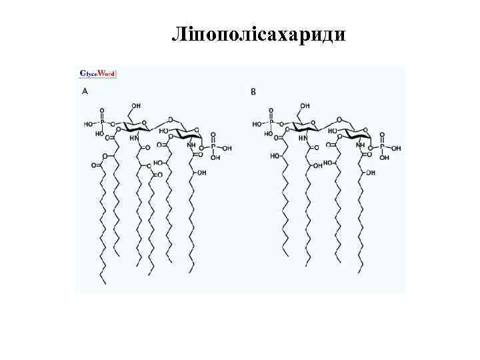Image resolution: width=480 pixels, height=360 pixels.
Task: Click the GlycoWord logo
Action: [98, 73]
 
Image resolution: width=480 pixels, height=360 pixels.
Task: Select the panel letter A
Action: [85, 91]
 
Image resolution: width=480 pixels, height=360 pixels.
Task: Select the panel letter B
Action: [253, 91]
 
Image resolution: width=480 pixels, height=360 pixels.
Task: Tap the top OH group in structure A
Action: [136, 105]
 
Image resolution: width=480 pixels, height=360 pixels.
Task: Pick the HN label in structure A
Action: [134, 139]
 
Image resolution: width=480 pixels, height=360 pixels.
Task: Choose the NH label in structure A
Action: [191, 145]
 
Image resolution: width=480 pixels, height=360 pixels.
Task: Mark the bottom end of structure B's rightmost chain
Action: [361, 271]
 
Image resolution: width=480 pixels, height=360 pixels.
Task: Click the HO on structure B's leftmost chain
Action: [275, 157]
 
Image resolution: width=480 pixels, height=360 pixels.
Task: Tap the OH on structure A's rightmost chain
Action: [201, 173]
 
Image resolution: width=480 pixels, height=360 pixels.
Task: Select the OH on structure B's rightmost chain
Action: [369, 173]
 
